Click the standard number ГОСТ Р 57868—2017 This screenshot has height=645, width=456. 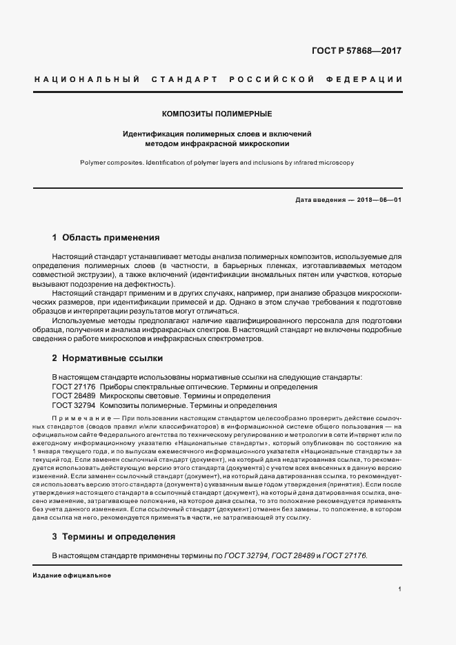coord(366,51)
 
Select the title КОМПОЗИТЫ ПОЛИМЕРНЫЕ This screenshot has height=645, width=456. coord(217,113)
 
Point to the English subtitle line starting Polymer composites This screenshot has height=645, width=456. coord(217,163)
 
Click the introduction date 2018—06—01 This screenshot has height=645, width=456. coord(379,200)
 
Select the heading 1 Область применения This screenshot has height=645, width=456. coord(106,238)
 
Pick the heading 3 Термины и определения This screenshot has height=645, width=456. coord(113,536)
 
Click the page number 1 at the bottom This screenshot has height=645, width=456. coord(399,589)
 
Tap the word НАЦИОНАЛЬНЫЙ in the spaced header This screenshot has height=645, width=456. coord(82,79)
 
